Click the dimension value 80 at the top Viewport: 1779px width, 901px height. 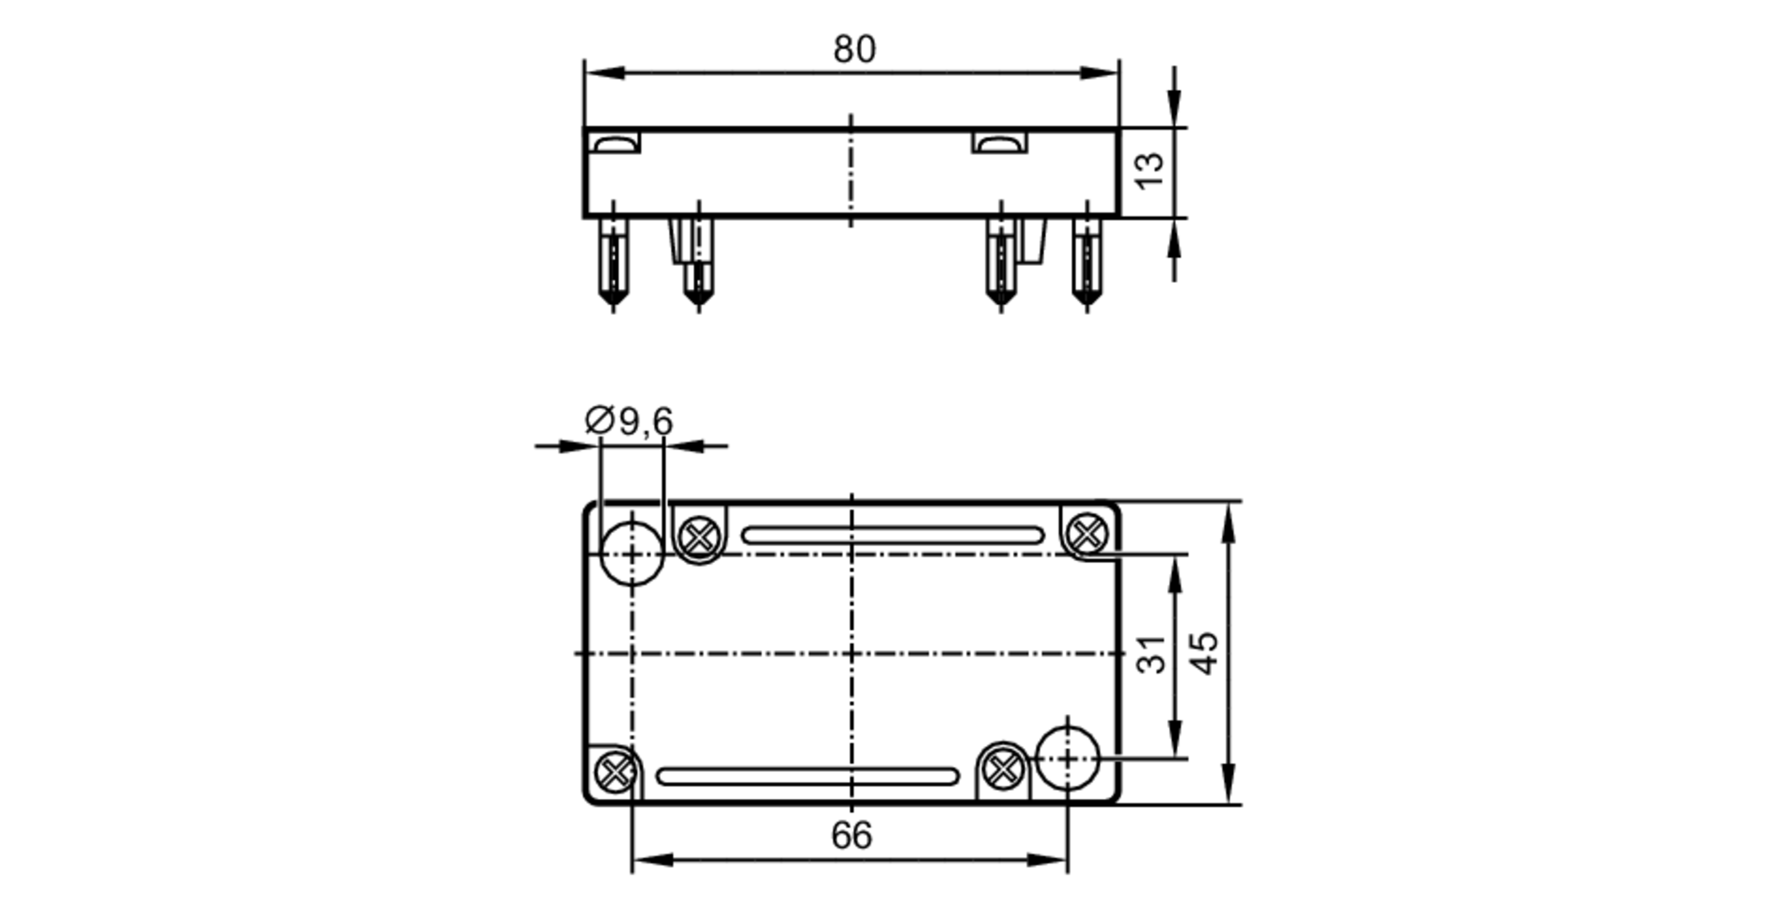[x=854, y=50]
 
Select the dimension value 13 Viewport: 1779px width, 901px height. [x=1150, y=170]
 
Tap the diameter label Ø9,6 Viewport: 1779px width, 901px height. [x=629, y=421]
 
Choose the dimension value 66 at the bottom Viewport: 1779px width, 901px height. [x=851, y=836]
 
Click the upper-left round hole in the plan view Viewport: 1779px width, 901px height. [x=632, y=553]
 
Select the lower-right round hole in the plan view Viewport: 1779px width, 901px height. [x=1067, y=759]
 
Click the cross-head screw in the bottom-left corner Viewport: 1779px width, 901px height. [x=614, y=771]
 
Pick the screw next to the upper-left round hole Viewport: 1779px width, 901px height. [x=699, y=537]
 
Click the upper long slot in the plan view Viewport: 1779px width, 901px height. [x=892, y=535]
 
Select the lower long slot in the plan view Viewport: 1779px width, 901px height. [x=807, y=776]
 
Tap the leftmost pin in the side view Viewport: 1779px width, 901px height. [x=613, y=262]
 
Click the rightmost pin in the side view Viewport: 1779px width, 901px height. [x=1086, y=262]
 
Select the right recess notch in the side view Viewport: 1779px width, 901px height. [x=999, y=143]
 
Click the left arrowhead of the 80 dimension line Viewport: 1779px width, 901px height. [x=600, y=73]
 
